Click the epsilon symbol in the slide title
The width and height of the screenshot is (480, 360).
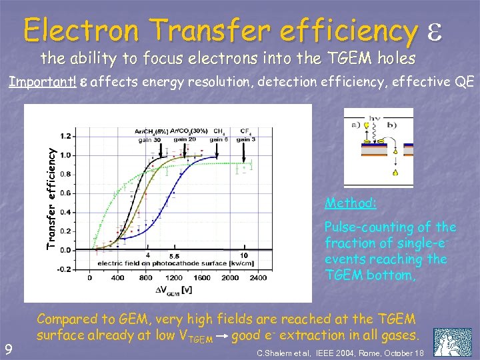pos(441,30)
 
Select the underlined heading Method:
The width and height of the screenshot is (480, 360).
pos(351,203)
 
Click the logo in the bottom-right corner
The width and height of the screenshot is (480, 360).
pos(453,342)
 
